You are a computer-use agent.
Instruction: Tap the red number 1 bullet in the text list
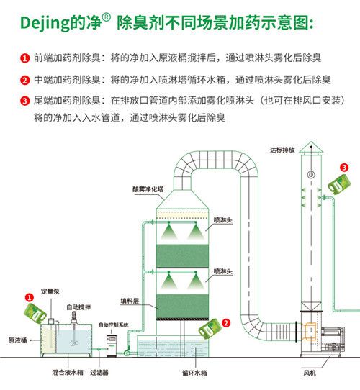click(24, 58)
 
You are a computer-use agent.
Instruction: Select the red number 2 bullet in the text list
click(24, 81)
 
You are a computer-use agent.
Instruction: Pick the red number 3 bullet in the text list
click(24, 101)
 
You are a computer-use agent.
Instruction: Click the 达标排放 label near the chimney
click(282, 150)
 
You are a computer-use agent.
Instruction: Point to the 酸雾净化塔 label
click(148, 189)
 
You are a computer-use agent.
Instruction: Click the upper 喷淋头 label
click(222, 220)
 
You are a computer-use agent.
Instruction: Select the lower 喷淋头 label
click(222, 271)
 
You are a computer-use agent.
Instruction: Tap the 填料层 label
click(130, 301)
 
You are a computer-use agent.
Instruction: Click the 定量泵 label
click(50, 291)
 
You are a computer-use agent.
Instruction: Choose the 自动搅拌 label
click(78, 307)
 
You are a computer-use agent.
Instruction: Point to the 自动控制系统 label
click(114, 325)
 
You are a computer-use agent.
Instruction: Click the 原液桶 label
click(18, 340)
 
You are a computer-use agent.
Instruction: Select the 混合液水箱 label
click(68, 372)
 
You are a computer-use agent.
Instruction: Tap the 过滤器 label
click(99, 372)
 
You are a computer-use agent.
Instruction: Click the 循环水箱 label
click(194, 373)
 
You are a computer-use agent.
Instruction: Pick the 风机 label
click(310, 373)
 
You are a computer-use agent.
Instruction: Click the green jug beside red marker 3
click(339, 184)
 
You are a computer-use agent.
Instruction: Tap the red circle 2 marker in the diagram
click(226, 323)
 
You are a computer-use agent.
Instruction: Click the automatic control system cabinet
click(112, 345)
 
